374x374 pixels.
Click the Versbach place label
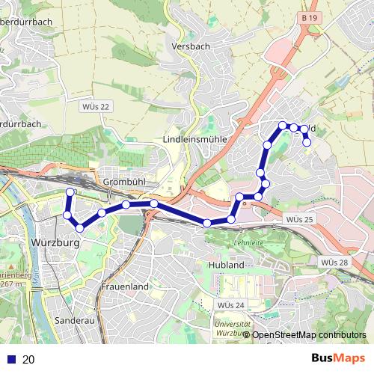187,46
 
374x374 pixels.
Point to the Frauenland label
126,286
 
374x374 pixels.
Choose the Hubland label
227,265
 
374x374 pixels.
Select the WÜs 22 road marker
96,106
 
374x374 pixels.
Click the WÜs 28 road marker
334,262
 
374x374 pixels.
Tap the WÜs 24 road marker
230,305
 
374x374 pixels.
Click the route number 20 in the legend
29,359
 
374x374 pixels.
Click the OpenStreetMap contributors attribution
309,335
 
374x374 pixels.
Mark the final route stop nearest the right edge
307,141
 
